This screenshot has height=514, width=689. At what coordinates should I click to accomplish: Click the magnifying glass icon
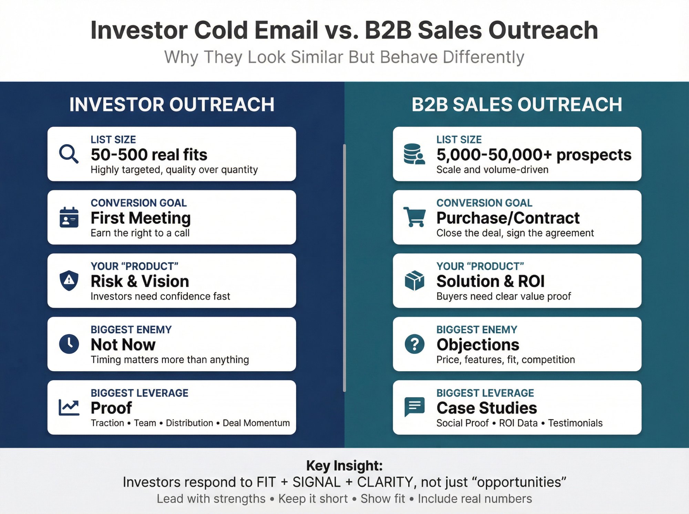(69, 154)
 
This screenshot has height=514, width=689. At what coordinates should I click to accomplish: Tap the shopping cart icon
(414, 217)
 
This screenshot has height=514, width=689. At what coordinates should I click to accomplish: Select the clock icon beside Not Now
(69, 344)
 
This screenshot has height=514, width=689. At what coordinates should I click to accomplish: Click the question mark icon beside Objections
(414, 344)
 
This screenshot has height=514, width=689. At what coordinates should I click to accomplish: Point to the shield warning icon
(69, 280)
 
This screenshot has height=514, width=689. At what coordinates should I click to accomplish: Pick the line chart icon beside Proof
(69, 407)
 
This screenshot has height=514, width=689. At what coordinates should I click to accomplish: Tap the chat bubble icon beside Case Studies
(414, 407)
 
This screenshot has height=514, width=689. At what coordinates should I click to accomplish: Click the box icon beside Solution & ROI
(414, 280)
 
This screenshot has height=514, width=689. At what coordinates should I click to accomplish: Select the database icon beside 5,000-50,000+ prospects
(414, 154)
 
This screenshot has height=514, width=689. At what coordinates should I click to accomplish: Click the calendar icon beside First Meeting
(69, 217)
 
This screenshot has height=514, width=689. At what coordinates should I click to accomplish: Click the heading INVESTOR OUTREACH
(172, 105)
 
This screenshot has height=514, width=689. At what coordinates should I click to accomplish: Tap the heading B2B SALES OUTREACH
(517, 105)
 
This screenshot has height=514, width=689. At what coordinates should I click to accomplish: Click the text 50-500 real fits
(149, 155)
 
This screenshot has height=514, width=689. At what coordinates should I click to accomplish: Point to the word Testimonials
(575, 423)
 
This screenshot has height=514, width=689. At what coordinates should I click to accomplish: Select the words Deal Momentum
(256, 423)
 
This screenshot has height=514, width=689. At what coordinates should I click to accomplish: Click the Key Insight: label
(344, 465)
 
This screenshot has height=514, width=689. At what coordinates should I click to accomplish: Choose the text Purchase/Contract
(508, 218)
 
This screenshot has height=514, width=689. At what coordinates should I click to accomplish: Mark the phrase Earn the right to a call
(140, 233)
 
